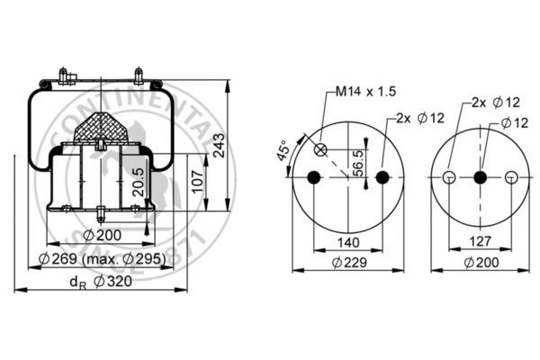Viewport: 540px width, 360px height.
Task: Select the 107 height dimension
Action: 197,184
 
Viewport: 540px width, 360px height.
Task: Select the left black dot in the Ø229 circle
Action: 313,177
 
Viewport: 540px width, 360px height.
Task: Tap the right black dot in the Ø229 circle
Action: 382,177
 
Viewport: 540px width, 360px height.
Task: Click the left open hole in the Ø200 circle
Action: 447,177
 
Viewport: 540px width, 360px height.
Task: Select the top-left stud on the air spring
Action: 61,74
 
